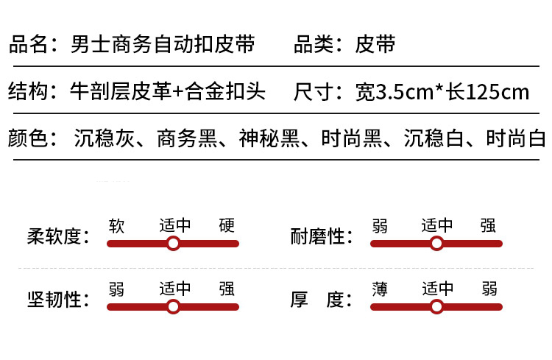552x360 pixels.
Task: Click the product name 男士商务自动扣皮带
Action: click(163, 44)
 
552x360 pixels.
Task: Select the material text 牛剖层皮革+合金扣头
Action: click(167, 93)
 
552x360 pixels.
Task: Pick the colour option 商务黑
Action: click(184, 138)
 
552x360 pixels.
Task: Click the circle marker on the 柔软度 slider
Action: click(173, 244)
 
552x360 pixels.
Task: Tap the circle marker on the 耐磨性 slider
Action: click(436, 244)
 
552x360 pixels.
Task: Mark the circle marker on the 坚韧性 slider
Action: click(173, 306)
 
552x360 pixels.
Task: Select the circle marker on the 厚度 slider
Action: click(436, 306)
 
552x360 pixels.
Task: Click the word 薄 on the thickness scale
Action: click(380, 289)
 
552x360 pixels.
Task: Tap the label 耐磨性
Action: click(319, 238)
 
